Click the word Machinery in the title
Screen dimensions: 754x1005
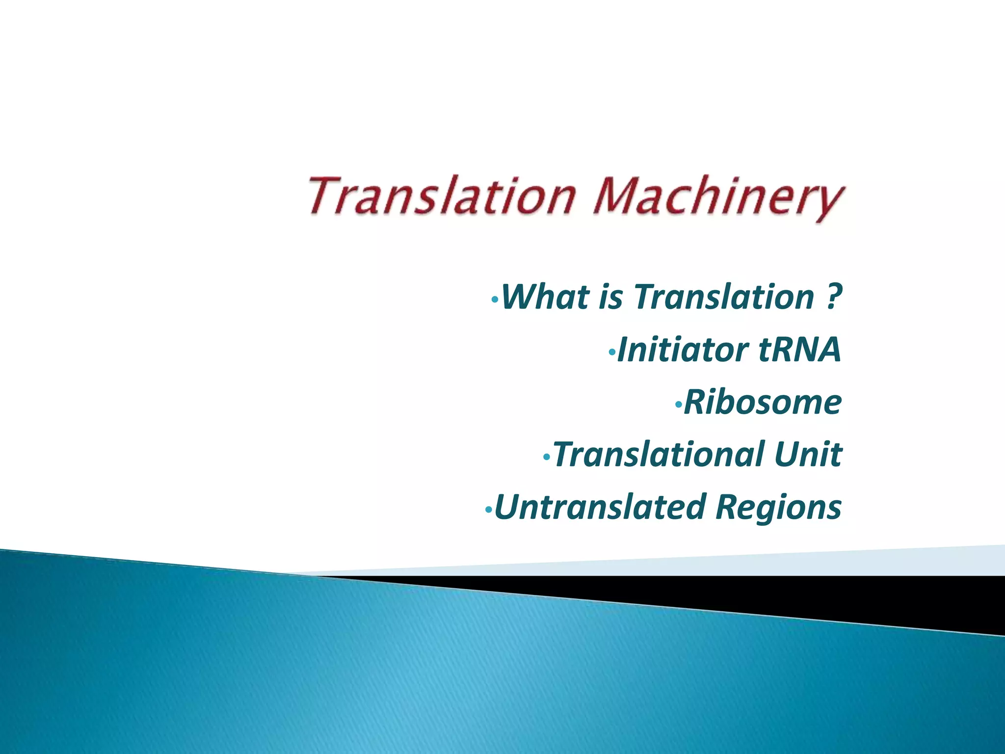coord(719,197)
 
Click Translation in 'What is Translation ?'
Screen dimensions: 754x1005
coord(724,297)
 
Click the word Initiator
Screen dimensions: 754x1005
coord(682,350)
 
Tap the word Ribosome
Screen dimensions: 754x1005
coord(763,403)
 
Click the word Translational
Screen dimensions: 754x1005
coord(658,455)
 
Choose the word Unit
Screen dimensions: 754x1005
coord(808,455)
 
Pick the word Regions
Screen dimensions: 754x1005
coord(778,508)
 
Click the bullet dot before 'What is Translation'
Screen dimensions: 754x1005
coord(495,299)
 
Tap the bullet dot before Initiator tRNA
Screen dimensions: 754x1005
coord(611,352)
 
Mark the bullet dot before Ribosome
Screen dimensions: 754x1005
coord(678,404)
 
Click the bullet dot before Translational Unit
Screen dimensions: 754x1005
coord(547,458)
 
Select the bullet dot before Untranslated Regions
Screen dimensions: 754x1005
coord(487,510)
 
